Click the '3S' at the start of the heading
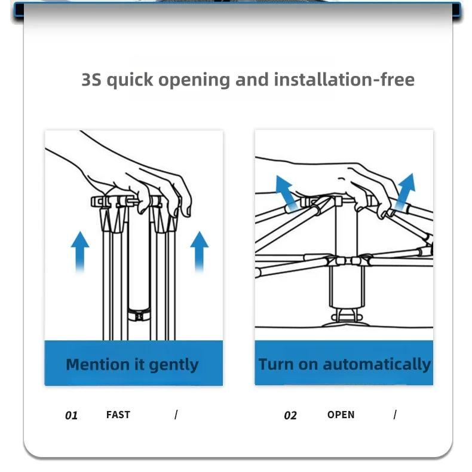tap(91, 80)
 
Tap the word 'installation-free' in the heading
tap(344, 80)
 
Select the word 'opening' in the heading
tap(194, 81)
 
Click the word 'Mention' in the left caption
tap(98, 364)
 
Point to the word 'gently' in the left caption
tap(174, 366)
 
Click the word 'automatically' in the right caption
tap(377, 364)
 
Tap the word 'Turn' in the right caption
tap(276, 364)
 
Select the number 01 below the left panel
tap(71, 415)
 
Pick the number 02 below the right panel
tap(290, 415)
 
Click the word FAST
tap(118, 415)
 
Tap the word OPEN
tap(341, 415)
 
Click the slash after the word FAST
tap(176, 415)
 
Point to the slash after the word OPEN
tap(395, 415)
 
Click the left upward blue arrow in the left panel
tap(80, 252)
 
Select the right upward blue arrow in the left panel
tap(200, 252)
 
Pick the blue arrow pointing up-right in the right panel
tap(406, 191)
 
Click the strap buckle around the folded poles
tap(139, 315)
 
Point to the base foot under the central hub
tap(346, 319)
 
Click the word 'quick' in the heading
tap(130, 81)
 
